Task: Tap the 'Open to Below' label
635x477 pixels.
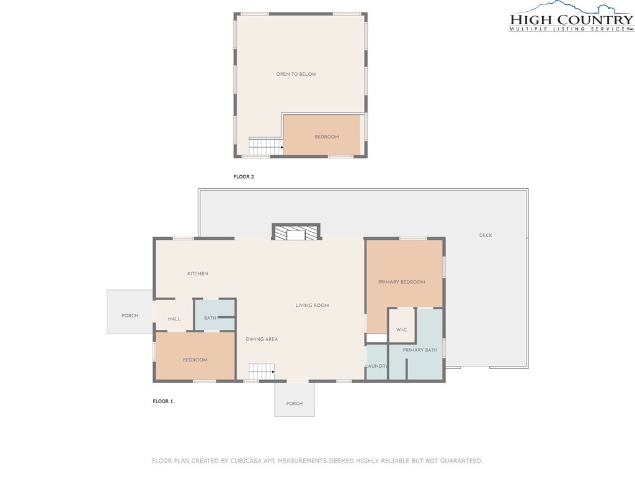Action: click(x=296, y=74)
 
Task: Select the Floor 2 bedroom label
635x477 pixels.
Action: click(x=327, y=137)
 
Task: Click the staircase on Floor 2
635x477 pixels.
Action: click(x=265, y=147)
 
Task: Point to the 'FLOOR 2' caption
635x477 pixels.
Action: click(x=244, y=177)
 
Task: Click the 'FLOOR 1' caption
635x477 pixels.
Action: click(x=163, y=401)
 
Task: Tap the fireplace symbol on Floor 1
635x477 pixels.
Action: click(x=296, y=233)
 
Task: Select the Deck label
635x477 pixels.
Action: click(x=486, y=235)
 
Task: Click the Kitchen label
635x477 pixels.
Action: click(x=198, y=274)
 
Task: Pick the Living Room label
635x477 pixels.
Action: click(x=312, y=305)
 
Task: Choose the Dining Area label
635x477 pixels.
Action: click(x=262, y=339)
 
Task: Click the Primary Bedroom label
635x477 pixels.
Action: click(x=402, y=282)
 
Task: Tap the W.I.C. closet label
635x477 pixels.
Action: click(x=401, y=329)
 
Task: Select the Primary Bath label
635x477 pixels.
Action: click(x=420, y=350)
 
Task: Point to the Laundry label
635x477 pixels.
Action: click(x=376, y=366)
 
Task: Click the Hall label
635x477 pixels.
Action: click(x=174, y=319)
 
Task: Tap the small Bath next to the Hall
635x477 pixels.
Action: click(x=210, y=318)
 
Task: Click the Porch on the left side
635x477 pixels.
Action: click(x=130, y=316)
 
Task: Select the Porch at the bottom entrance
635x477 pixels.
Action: click(x=295, y=404)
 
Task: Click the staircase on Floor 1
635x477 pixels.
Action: click(x=262, y=372)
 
